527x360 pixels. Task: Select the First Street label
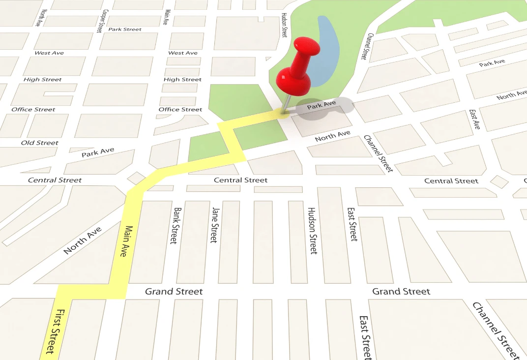[54, 331]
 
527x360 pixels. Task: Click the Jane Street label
[214, 225]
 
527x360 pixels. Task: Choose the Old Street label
[39, 143]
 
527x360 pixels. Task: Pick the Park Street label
[125, 30]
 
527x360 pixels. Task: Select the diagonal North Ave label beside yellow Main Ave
[83, 240]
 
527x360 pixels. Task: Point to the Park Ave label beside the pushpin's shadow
[322, 104]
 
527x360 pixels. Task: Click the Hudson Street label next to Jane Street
[312, 231]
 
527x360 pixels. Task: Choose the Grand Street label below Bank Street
[174, 292]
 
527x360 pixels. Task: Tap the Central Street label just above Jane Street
[240, 180]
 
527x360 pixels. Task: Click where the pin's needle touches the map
[284, 115]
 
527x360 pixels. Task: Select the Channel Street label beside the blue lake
[364, 47]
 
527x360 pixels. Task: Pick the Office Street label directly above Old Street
[33, 109]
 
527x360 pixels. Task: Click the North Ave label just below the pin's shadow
[333, 136]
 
